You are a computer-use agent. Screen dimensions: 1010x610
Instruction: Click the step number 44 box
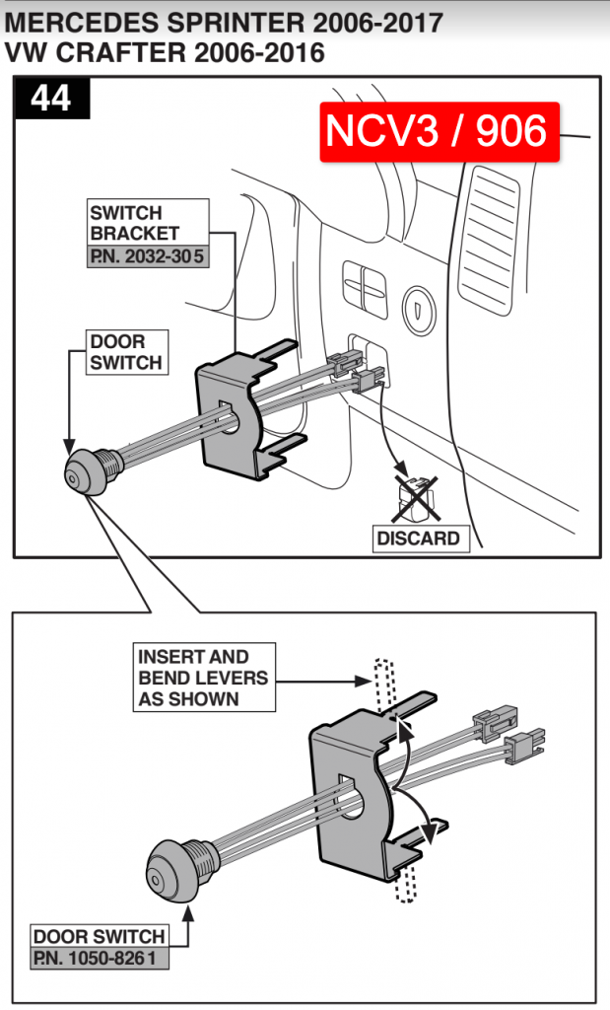51,99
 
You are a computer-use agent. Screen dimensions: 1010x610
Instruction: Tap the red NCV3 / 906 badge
438,131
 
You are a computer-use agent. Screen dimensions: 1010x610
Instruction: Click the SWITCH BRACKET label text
135,223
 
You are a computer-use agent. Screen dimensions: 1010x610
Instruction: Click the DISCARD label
418,539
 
